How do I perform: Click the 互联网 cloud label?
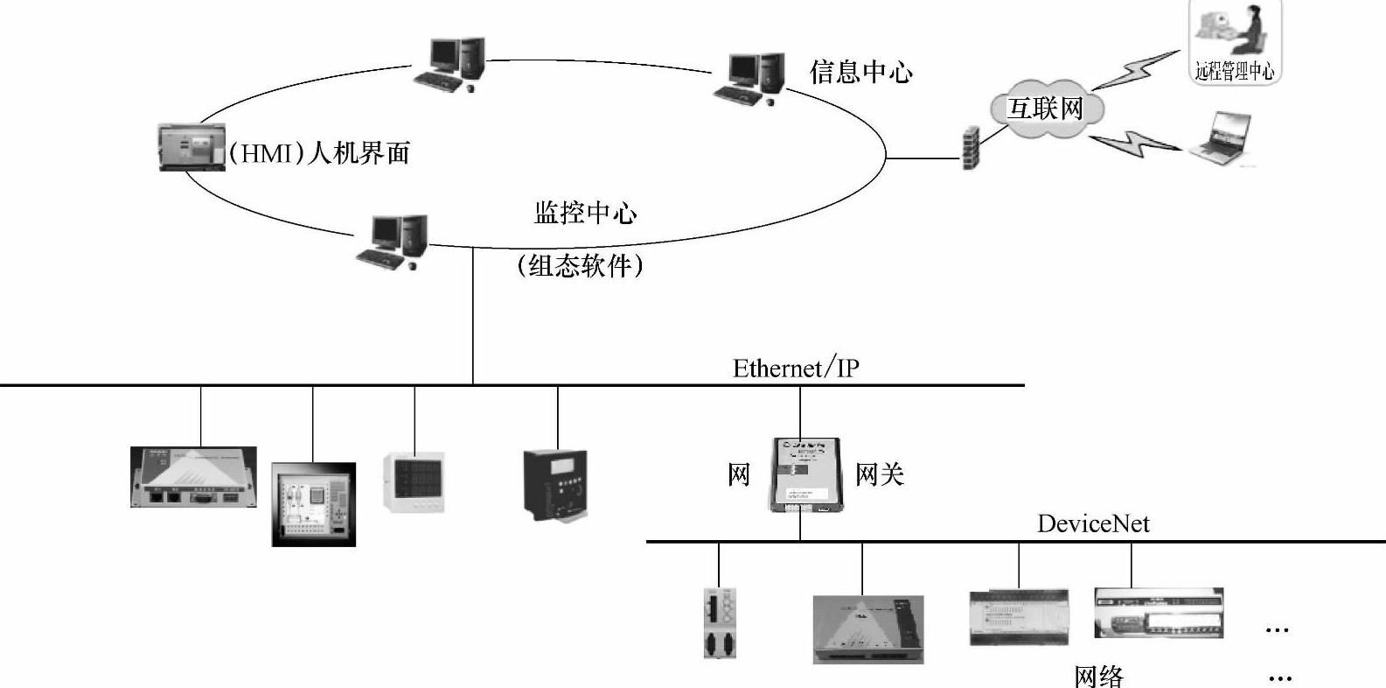1045,109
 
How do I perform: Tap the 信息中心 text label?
860,72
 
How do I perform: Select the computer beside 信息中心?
749,78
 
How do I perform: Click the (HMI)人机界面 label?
319,153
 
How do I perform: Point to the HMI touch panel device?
192,146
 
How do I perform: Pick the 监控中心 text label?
585,213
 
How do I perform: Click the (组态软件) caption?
580,265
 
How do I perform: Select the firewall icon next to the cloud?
971,147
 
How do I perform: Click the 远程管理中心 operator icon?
1235,40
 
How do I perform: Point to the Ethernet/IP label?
796,368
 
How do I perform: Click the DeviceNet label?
1093,523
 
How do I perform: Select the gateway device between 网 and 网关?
805,474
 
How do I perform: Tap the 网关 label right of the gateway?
879,474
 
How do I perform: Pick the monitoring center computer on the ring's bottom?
394,241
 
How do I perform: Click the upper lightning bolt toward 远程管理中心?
1137,71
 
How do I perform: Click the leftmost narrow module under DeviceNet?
719,622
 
